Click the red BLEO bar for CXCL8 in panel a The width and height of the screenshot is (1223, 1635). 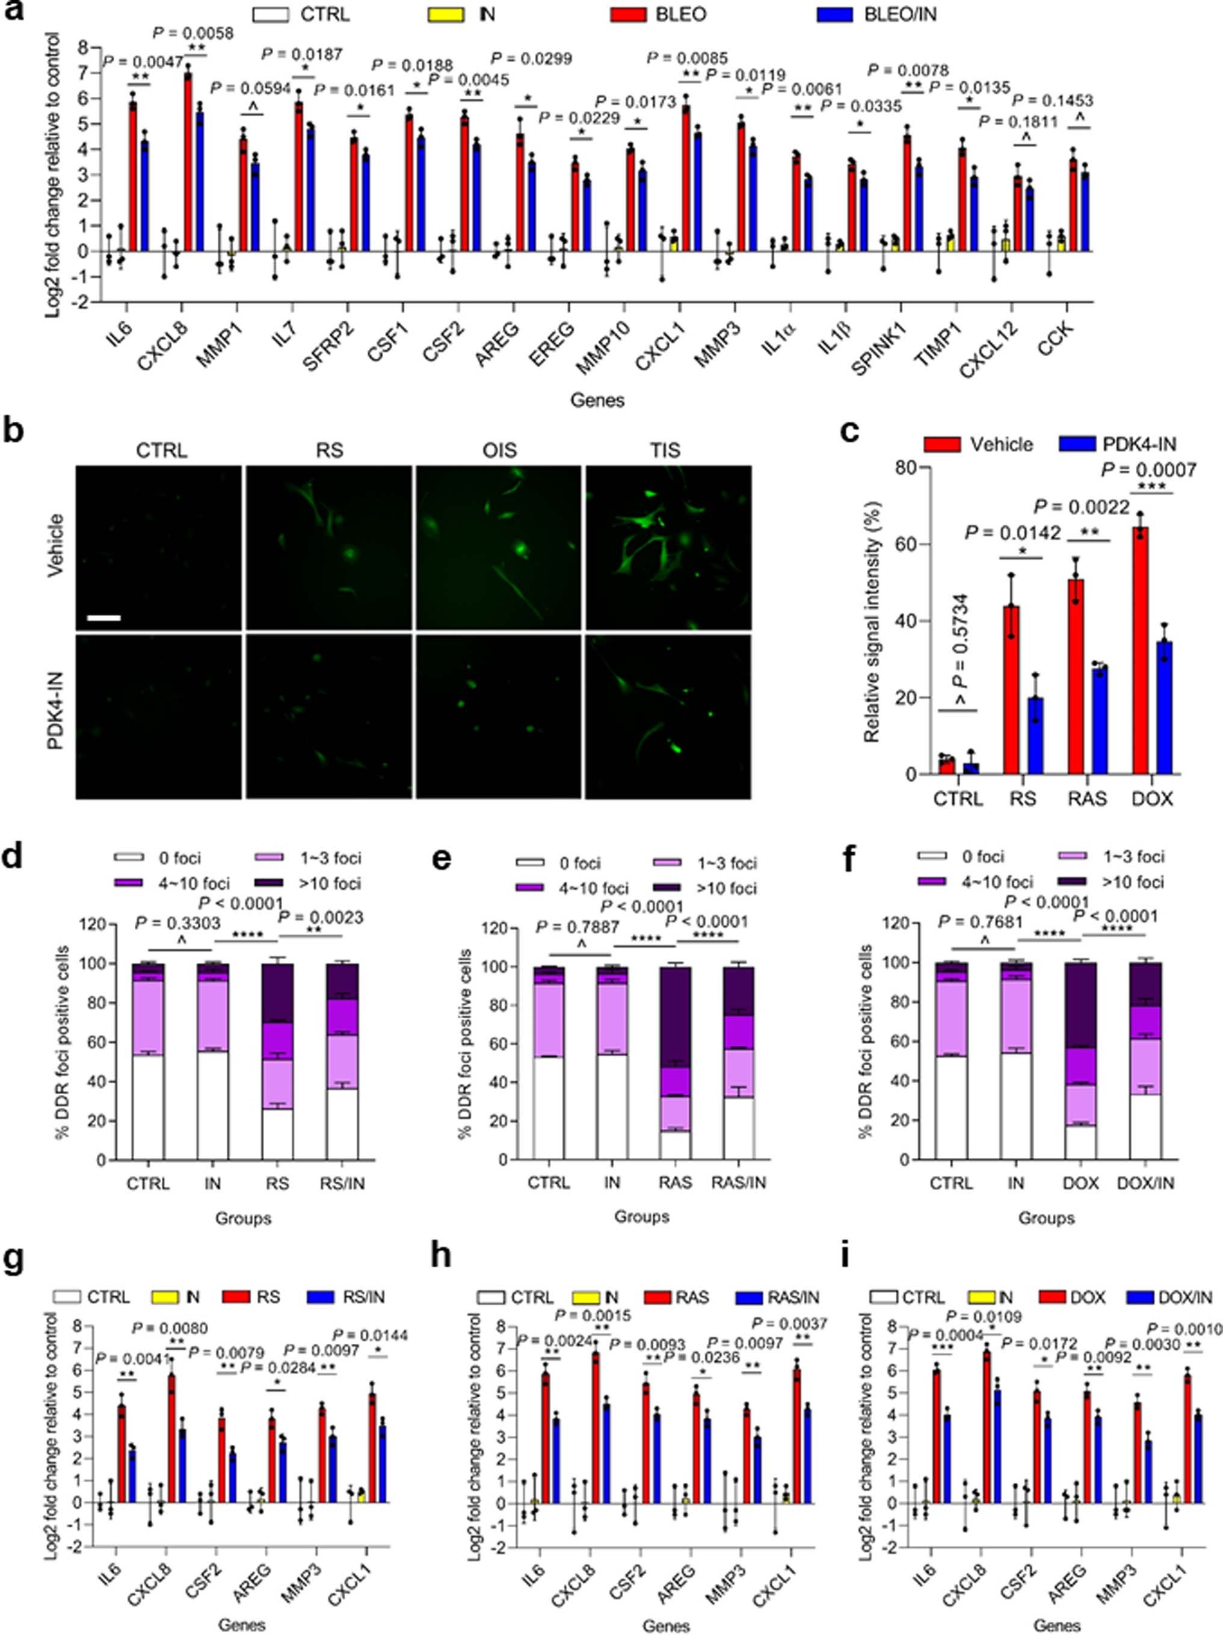[188, 162]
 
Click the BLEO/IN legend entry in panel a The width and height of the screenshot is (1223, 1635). [899, 14]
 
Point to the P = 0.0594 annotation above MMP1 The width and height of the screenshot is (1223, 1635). [250, 88]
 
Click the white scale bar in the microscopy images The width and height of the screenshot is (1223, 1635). [103, 616]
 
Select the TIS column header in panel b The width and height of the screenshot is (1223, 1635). [665, 450]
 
